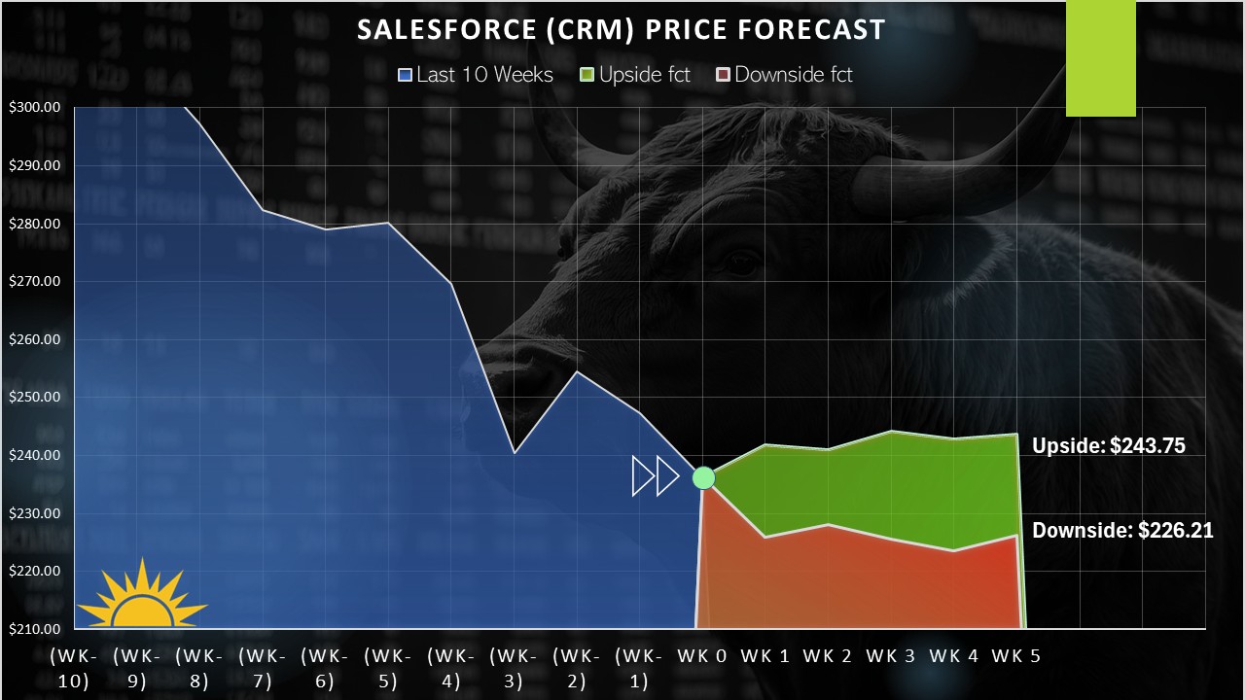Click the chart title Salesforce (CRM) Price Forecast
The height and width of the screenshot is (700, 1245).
pos(621,30)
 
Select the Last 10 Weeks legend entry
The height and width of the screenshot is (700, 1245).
pos(476,75)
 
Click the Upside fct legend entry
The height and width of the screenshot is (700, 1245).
pos(635,75)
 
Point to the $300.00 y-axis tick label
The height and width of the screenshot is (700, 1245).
pos(34,107)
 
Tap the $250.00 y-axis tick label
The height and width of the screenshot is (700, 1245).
pos(34,398)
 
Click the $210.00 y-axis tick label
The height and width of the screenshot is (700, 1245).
pos(34,629)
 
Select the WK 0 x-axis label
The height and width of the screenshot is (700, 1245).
pos(702,656)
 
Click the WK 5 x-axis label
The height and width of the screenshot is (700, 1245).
pos(1016,656)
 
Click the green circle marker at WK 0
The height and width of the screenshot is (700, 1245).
pos(703,478)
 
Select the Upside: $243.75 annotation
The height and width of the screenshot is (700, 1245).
pos(1109,446)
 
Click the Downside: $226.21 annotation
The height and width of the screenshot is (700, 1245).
pos(1122,531)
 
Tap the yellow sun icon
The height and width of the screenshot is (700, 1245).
pos(143,597)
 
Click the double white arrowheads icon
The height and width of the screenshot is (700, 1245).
pos(656,476)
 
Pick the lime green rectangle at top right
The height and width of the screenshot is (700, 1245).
pos(1100,58)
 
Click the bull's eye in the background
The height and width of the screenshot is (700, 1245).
pos(741,262)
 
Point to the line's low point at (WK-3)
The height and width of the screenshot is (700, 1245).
pos(515,452)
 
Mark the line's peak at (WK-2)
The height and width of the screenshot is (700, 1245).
pos(577,372)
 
